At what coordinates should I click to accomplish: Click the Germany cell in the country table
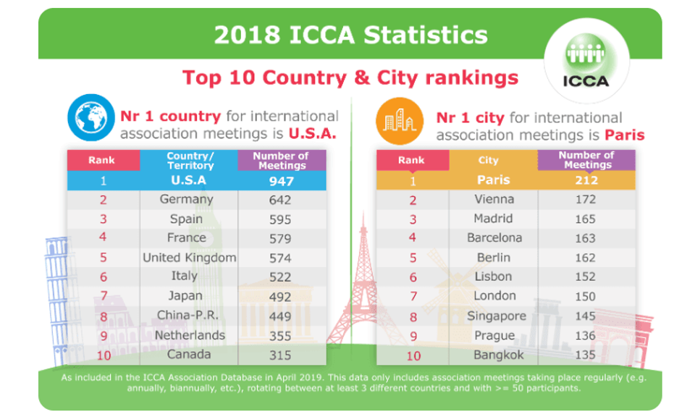187,199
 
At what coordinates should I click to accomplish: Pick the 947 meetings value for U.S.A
280,180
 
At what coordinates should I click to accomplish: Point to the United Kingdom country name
189,258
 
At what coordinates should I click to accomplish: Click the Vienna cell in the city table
494,199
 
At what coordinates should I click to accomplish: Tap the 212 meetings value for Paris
586,180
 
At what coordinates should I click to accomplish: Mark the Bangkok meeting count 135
586,355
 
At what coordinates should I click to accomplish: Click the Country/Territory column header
190,160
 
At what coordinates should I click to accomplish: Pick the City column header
489,160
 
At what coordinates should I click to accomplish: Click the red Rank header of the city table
412,160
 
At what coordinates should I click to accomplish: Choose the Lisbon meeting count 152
586,277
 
